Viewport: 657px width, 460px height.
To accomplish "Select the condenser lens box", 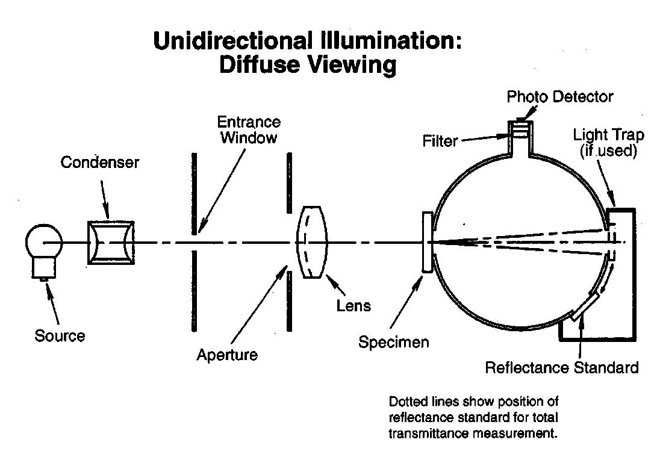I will [111, 243].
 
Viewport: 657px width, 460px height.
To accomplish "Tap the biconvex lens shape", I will [311, 242].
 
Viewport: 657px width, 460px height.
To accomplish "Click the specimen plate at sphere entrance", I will [427, 243].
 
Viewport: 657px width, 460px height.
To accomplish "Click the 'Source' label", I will [60, 335].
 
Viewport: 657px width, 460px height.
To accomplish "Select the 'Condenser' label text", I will [99, 163].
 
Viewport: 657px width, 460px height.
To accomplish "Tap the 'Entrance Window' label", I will [249, 129].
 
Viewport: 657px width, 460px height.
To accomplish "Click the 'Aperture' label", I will [227, 355].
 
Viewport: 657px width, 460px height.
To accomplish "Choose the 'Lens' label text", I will [353, 306].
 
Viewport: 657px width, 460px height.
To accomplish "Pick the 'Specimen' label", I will [394, 343].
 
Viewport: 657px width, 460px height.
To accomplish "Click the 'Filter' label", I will [440, 141].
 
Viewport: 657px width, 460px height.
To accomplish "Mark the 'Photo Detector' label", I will [559, 96].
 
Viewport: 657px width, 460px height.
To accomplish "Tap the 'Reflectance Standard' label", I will [562, 367].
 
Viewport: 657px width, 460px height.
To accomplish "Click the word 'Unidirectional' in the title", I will [231, 40].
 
